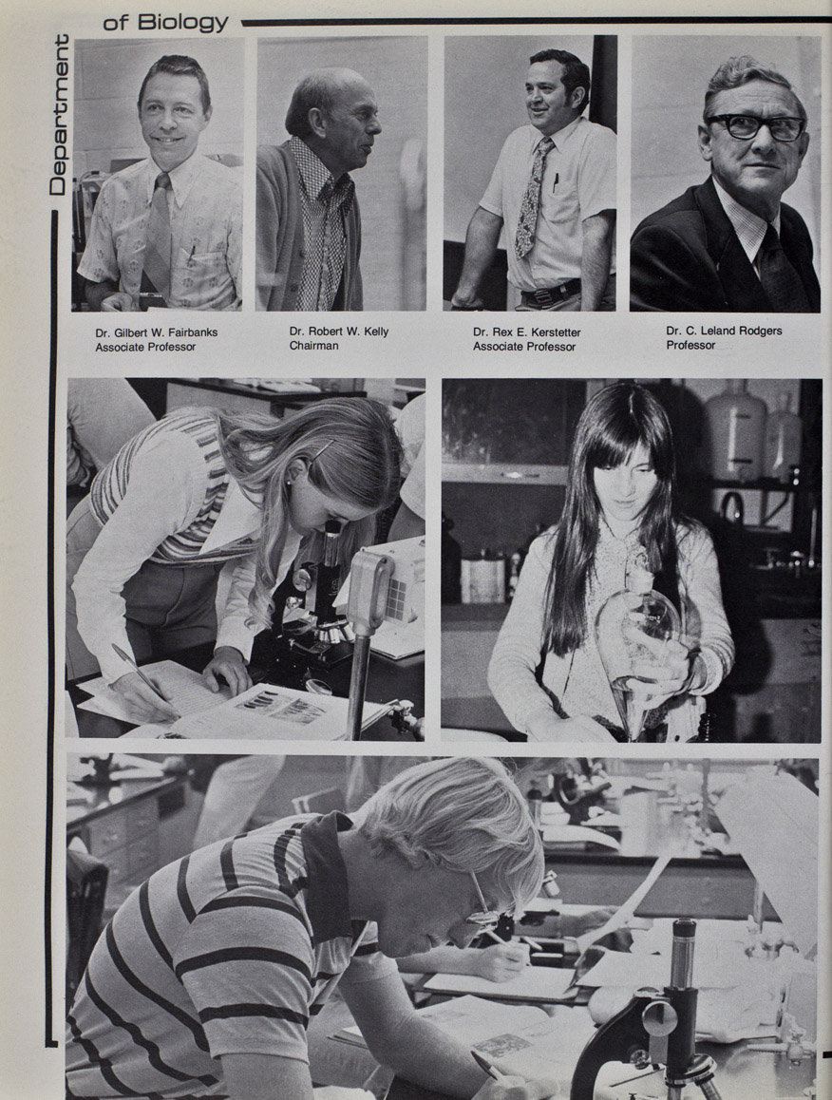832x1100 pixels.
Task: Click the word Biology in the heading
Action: coord(183,23)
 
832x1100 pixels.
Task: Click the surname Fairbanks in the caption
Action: coord(191,332)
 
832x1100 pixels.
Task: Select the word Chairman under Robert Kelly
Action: coord(313,345)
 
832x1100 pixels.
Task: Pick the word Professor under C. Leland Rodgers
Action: coord(691,345)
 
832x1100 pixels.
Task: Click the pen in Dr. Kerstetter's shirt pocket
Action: coord(556,183)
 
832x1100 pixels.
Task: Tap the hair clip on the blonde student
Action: coord(322,450)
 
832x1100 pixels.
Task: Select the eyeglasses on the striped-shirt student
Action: coord(484,901)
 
